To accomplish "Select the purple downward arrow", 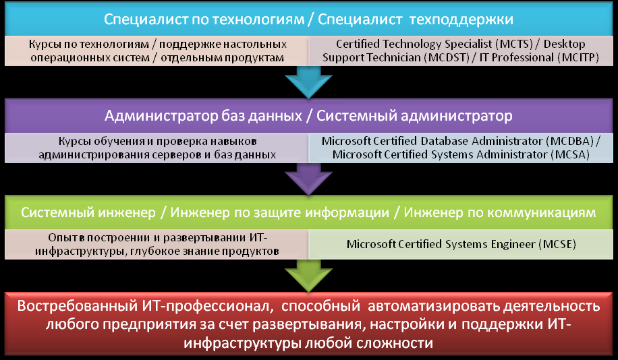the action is [308, 179].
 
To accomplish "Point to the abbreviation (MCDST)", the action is [447, 58].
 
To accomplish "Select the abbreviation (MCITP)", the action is [578, 58].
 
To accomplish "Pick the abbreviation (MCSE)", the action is [557, 244].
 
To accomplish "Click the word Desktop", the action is [565, 44].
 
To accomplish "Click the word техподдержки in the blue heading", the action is [461, 20].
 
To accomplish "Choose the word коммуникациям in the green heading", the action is [540, 212].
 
